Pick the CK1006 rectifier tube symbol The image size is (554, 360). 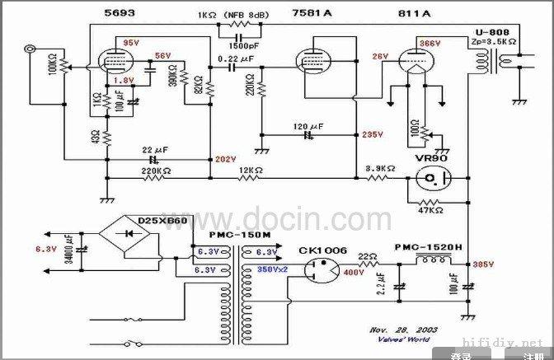tap(317, 269)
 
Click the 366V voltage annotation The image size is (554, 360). tap(428, 42)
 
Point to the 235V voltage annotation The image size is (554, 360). tap(373, 134)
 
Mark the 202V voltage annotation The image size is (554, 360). tap(224, 159)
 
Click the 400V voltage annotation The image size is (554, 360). tap(354, 272)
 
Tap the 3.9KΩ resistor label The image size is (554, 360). tap(380, 167)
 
